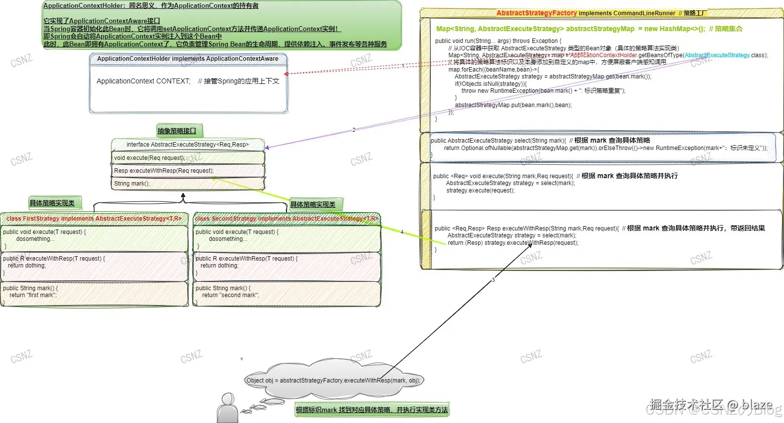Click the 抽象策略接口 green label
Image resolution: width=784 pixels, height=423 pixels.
tap(177, 131)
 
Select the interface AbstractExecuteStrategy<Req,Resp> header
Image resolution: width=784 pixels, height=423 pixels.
tap(188, 145)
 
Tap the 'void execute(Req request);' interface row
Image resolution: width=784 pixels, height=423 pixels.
tap(149, 158)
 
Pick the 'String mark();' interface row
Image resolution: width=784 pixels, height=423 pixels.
tap(132, 184)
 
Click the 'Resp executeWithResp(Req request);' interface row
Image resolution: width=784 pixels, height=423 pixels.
tap(164, 171)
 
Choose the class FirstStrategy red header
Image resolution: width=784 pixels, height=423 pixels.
tap(94, 219)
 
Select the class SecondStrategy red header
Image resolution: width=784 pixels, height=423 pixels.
tap(287, 219)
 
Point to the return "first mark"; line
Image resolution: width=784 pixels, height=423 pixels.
tap(33, 295)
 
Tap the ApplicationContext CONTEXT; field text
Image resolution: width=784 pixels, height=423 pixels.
tap(143, 81)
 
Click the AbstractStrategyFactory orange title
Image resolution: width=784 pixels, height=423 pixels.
tap(536, 13)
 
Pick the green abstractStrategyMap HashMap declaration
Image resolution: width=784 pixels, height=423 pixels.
tap(571, 29)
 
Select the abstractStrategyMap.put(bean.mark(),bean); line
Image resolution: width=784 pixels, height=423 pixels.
tap(513, 105)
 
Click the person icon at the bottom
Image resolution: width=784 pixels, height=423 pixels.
tap(227, 408)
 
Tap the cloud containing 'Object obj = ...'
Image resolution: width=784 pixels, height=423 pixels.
tap(333, 380)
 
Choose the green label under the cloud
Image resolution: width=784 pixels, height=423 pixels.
tap(371, 410)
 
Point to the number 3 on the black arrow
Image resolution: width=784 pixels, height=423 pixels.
tap(493, 280)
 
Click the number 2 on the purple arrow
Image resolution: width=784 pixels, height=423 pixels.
tap(354, 130)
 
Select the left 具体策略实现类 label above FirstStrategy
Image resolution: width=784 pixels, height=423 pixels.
tap(52, 203)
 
